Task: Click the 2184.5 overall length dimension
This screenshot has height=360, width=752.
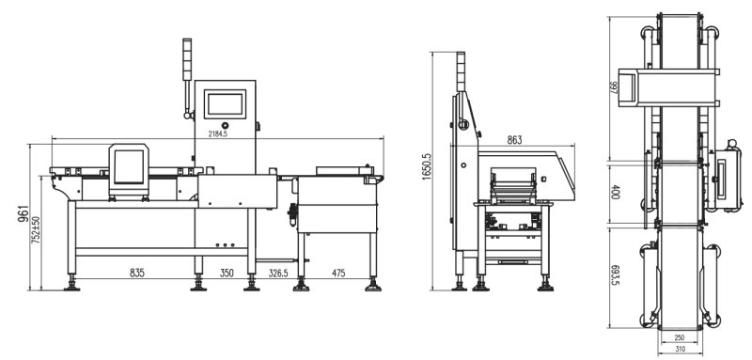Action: pyautogui.click(x=218, y=134)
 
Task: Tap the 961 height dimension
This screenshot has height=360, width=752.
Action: pyautogui.click(x=23, y=213)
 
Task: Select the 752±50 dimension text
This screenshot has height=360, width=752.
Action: pyautogui.click(x=36, y=230)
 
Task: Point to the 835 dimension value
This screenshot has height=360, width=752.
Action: pyautogui.click(x=136, y=274)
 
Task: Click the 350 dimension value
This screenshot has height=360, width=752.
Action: pyautogui.click(x=227, y=274)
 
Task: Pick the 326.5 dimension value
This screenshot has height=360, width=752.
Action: pyautogui.click(x=277, y=274)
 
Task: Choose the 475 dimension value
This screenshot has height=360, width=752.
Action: pyautogui.click(x=338, y=274)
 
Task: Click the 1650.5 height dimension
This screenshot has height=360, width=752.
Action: pyautogui.click(x=426, y=167)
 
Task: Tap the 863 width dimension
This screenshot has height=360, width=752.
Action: pyautogui.click(x=514, y=140)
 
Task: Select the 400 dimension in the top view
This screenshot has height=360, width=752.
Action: pyautogui.click(x=617, y=193)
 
